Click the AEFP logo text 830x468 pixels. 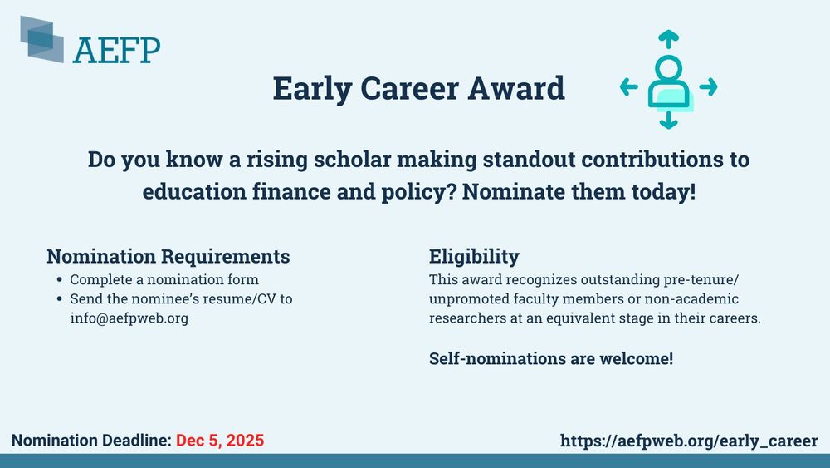(x=116, y=51)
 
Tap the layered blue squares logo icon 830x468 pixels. (x=41, y=39)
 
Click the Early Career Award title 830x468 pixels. (x=418, y=88)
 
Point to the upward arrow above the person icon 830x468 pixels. (x=668, y=39)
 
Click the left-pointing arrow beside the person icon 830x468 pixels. (x=629, y=86)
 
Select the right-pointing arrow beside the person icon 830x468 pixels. (x=708, y=86)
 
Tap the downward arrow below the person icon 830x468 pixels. (x=668, y=120)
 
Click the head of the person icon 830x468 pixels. (x=668, y=68)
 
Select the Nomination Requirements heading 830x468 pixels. (x=168, y=257)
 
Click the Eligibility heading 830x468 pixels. (x=474, y=257)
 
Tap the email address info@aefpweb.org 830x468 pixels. (x=129, y=318)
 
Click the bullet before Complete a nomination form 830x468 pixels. (x=59, y=279)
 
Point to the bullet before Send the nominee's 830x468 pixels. (x=59, y=299)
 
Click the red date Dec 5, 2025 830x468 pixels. (x=220, y=441)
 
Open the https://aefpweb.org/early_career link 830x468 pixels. (x=689, y=441)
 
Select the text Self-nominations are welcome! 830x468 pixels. (x=551, y=359)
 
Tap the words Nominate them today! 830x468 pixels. (x=579, y=192)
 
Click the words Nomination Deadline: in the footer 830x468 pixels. (x=91, y=441)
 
